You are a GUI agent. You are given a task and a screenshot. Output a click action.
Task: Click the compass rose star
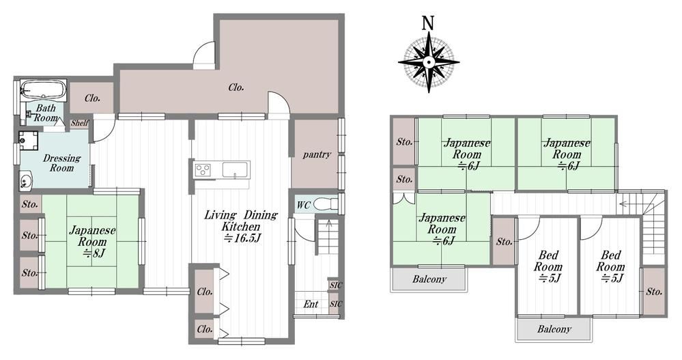click(429, 62)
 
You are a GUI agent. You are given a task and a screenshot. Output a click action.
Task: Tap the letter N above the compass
click(429, 23)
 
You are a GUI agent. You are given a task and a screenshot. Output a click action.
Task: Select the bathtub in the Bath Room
click(44, 89)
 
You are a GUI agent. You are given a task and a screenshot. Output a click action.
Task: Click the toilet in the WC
click(328, 204)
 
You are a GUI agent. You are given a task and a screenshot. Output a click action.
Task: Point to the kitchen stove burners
click(202, 169)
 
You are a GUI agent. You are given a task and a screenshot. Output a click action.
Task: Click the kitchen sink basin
click(236, 169)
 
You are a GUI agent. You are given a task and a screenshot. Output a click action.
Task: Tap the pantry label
click(317, 154)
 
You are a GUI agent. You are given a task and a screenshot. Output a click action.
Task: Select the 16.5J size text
click(242, 238)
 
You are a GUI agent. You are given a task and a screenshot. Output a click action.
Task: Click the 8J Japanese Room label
click(92, 242)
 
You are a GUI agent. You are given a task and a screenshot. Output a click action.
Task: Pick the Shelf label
click(80, 123)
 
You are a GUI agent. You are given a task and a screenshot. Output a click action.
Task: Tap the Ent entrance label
click(311, 304)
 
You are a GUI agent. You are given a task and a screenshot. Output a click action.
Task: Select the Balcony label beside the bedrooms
click(554, 329)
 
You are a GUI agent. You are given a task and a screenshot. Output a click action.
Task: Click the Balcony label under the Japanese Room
click(429, 279)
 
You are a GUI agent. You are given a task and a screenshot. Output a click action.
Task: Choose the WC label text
click(303, 204)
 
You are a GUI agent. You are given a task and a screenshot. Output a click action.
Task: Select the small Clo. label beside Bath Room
click(92, 98)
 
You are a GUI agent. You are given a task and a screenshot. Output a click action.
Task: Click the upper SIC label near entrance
click(336, 285)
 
